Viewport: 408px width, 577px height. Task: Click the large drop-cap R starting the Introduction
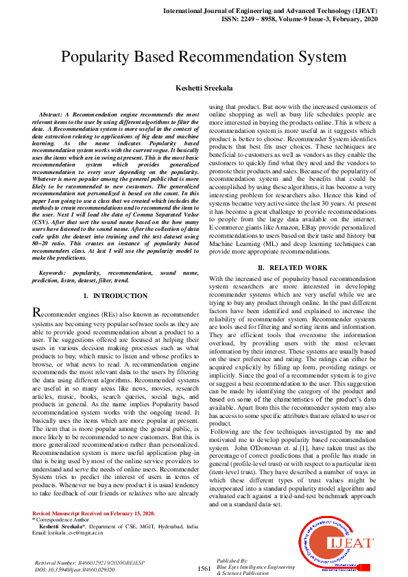click(x=38, y=313)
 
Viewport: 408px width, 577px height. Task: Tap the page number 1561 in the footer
click(x=204, y=569)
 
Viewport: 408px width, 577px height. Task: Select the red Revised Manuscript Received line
click(x=93, y=513)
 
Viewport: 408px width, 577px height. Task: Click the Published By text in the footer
click(x=229, y=559)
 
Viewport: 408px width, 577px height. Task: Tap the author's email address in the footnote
click(x=68, y=532)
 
